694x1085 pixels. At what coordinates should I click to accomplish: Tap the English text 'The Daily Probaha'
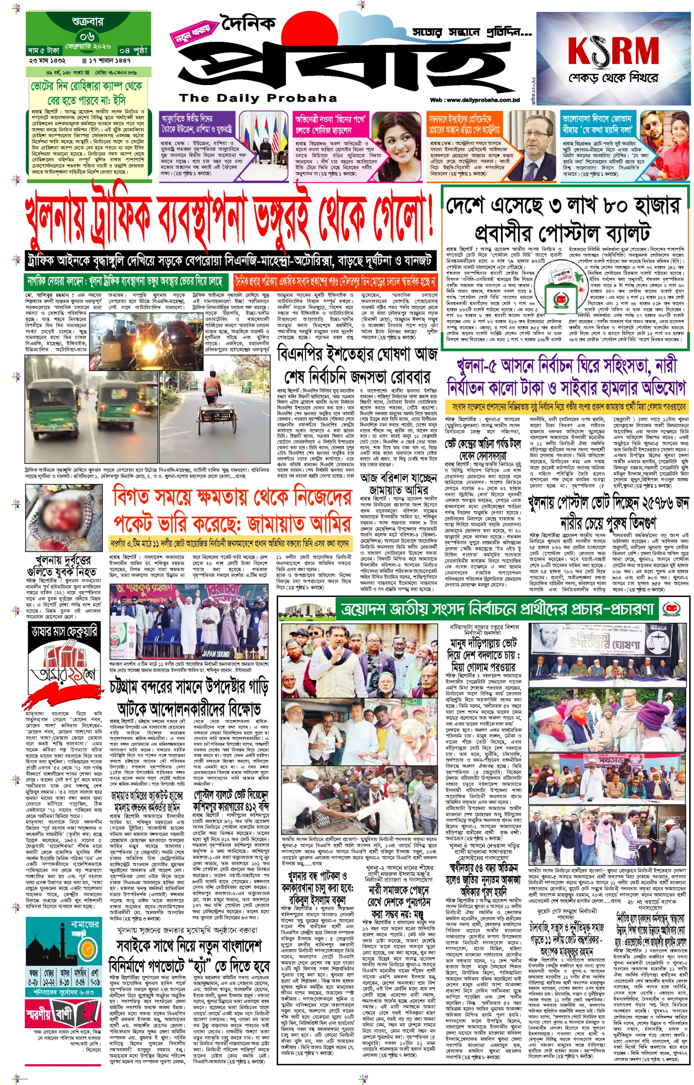click(258, 98)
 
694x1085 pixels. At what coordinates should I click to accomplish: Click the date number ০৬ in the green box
click(88, 36)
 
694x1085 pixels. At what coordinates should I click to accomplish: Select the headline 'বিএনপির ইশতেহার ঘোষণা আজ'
click(357, 354)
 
